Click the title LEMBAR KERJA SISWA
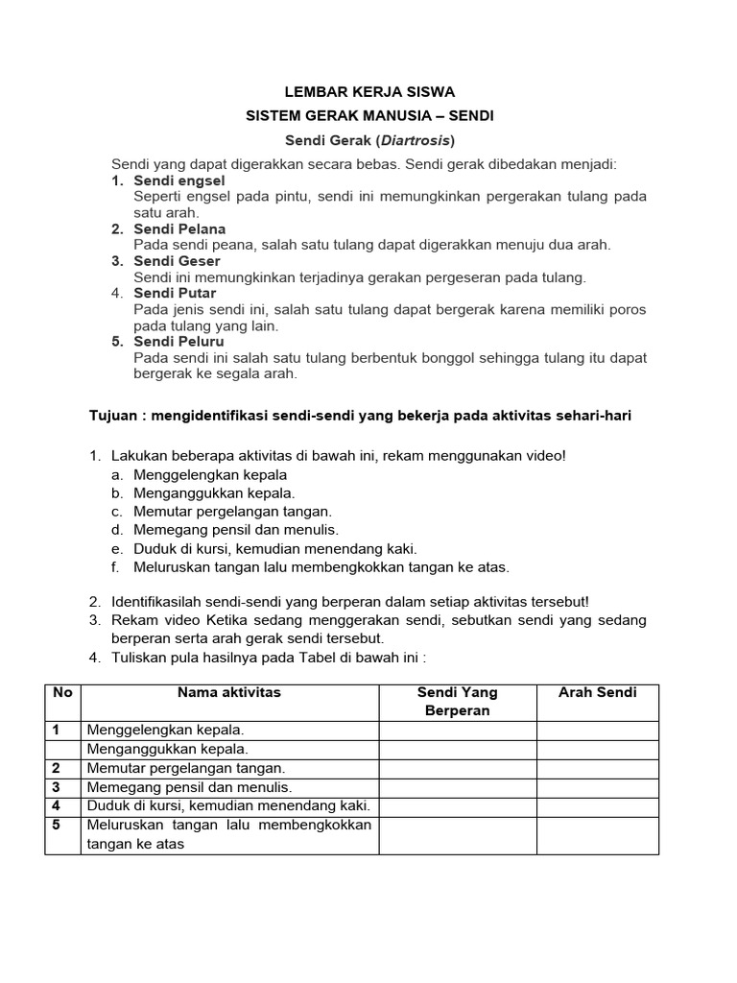point(369,92)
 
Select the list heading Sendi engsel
point(178,180)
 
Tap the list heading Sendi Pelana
point(179,228)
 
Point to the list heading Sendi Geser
point(177,261)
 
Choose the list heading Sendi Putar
point(175,293)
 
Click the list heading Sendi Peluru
point(178,341)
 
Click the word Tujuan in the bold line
point(113,414)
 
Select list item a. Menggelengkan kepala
point(209,474)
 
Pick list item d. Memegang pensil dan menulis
point(235,529)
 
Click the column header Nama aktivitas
point(229,692)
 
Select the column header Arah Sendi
point(597,692)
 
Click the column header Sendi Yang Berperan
point(458,701)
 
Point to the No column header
point(62,692)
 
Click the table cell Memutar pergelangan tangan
point(186,768)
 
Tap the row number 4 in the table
point(57,805)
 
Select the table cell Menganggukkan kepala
point(168,749)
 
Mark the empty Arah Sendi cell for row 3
point(597,787)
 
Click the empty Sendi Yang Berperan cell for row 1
point(458,730)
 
